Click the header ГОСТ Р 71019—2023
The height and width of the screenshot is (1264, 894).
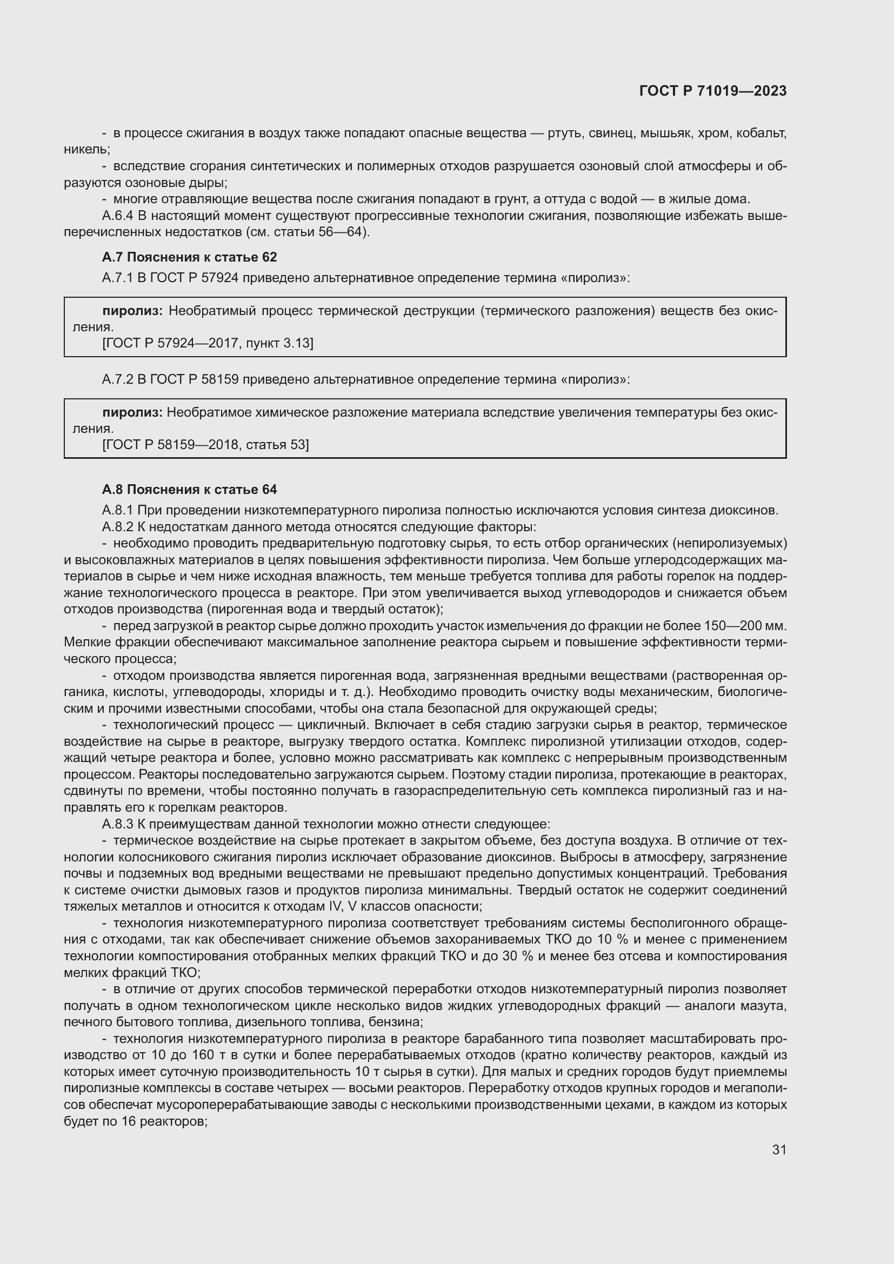pyautogui.click(x=713, y=91)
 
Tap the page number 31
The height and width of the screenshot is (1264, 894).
pyautogui.click(x=779, y=1149)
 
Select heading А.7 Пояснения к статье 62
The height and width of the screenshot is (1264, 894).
pyautogui.click(x=189, y=257)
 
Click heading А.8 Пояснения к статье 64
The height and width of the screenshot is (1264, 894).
pyautogui.click(x=189, y=490)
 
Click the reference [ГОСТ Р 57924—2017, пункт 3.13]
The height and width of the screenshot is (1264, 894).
pyautogui.click(x=208, y=344)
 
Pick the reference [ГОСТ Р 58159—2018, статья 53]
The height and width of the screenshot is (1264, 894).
pyautogui.click(x=205, y=445)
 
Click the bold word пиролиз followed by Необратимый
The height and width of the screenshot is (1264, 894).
pyautogui.click(x=132, y=311)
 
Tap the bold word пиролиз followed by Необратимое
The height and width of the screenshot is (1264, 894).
pyautogui.click(x=132, y=412)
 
